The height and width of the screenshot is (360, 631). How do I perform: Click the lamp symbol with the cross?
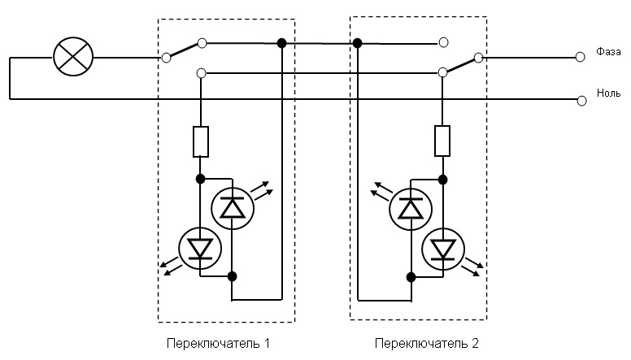point(73,57)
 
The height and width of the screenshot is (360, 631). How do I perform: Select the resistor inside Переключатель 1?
point(201,141)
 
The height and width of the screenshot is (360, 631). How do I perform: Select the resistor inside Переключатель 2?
point(442,141)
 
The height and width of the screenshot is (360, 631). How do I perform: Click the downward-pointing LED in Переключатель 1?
point(200,248)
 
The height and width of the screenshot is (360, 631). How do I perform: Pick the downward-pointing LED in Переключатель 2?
point(443,247)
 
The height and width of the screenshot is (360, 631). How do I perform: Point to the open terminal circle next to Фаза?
point(581,57)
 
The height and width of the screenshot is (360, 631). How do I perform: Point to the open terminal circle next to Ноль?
point(581,100)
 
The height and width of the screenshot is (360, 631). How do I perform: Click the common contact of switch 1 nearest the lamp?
point(166,57)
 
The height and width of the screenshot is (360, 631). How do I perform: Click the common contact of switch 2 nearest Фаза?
point(478,57)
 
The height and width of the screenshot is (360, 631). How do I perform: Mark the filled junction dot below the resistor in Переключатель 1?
point(200,176)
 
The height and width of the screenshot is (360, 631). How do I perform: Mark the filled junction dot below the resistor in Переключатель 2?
point(442,178)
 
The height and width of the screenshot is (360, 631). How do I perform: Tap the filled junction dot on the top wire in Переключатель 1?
point(281,42)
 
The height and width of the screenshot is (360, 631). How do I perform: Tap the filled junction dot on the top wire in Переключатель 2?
point(358,42)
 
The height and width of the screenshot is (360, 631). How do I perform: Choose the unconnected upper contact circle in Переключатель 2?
point(442,42)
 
